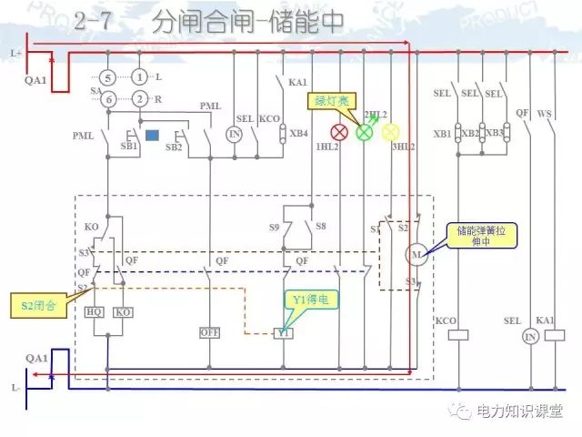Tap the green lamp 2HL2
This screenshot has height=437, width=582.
coord(364,132)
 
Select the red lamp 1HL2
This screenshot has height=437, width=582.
coord(339,132)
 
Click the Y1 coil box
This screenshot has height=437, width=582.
coord(284,333)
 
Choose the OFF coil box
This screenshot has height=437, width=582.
coord(210,333)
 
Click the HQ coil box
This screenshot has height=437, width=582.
coord(95,311)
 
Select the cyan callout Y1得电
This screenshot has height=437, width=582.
coord(309,299)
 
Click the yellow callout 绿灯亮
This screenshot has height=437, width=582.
coord(333,100)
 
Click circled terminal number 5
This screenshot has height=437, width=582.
coord(107,77)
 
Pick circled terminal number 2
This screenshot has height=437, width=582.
coord(138,98)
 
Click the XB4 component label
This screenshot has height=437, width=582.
coord(298,134)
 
